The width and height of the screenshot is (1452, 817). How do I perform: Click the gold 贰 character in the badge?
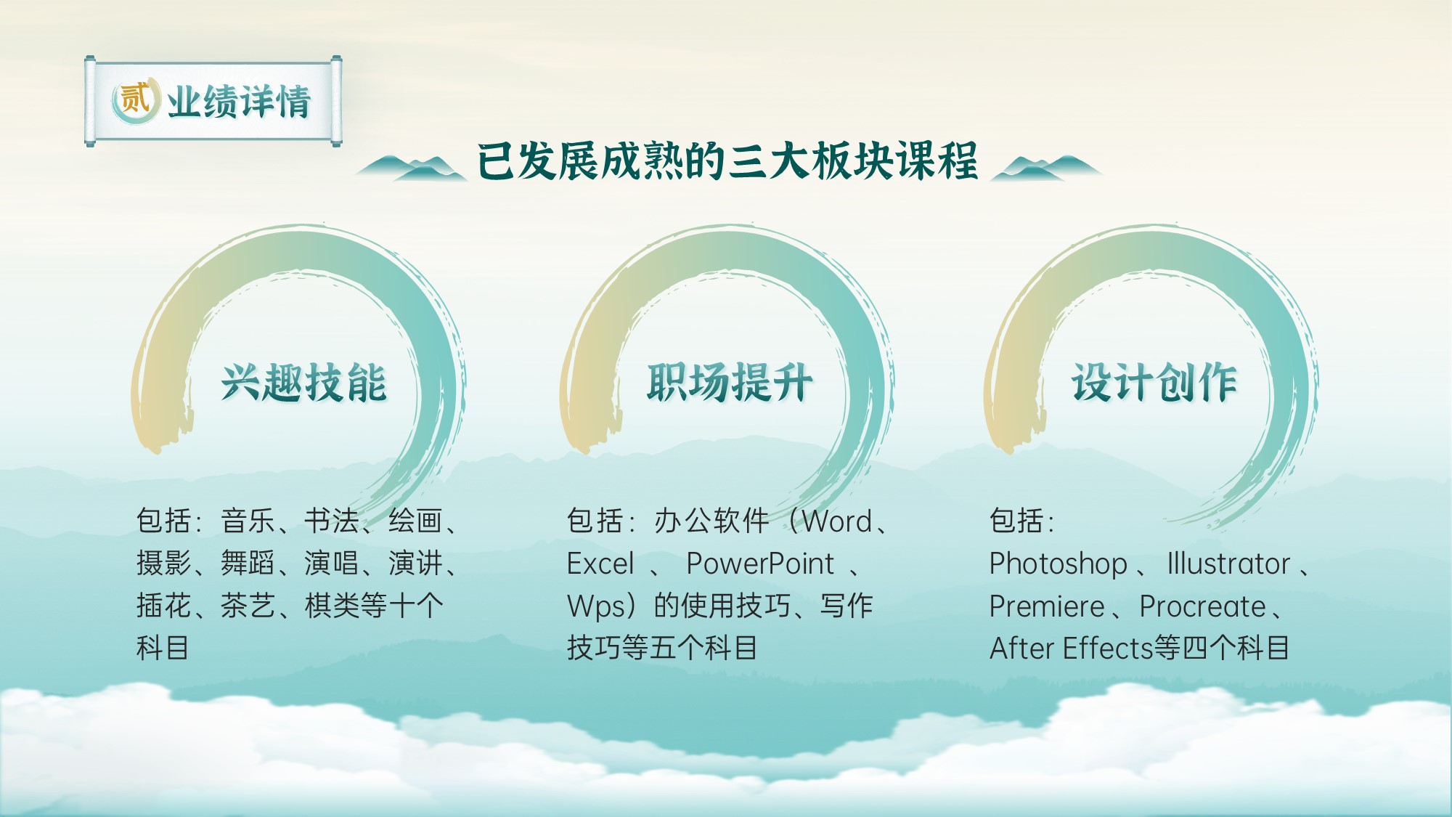(x=134, y=99)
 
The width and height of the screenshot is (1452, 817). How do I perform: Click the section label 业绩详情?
(x=239, y=101)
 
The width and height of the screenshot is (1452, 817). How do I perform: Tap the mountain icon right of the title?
(x=1047, y=167)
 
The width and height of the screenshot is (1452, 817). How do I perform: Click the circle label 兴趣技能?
(x=304, y=382)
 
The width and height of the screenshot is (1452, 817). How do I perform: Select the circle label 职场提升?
(x=730, y=382)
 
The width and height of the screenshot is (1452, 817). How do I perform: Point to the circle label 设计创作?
(x=1154, y=382)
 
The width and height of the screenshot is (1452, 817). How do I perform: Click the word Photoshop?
(x=1058, y=564)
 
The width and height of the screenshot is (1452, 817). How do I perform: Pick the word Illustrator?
(x=1228, y=564)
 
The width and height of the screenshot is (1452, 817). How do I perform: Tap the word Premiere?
(x=1047, y=606)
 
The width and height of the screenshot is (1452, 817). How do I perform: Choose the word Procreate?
(x=1202, y=606)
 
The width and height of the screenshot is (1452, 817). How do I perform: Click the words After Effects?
(x=1072, y=648)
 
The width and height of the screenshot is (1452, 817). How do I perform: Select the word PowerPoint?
(x=760, y=564)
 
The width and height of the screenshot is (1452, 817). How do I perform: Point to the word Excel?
(x=600, y=564)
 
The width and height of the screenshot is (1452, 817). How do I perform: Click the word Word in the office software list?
(x=837, y=521)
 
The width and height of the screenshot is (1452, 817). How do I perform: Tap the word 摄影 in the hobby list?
(x=164, y=563)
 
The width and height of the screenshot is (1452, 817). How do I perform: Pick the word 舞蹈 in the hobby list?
(x=248, y=563)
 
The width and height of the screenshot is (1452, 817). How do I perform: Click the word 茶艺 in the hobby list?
(x=248, y=606)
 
